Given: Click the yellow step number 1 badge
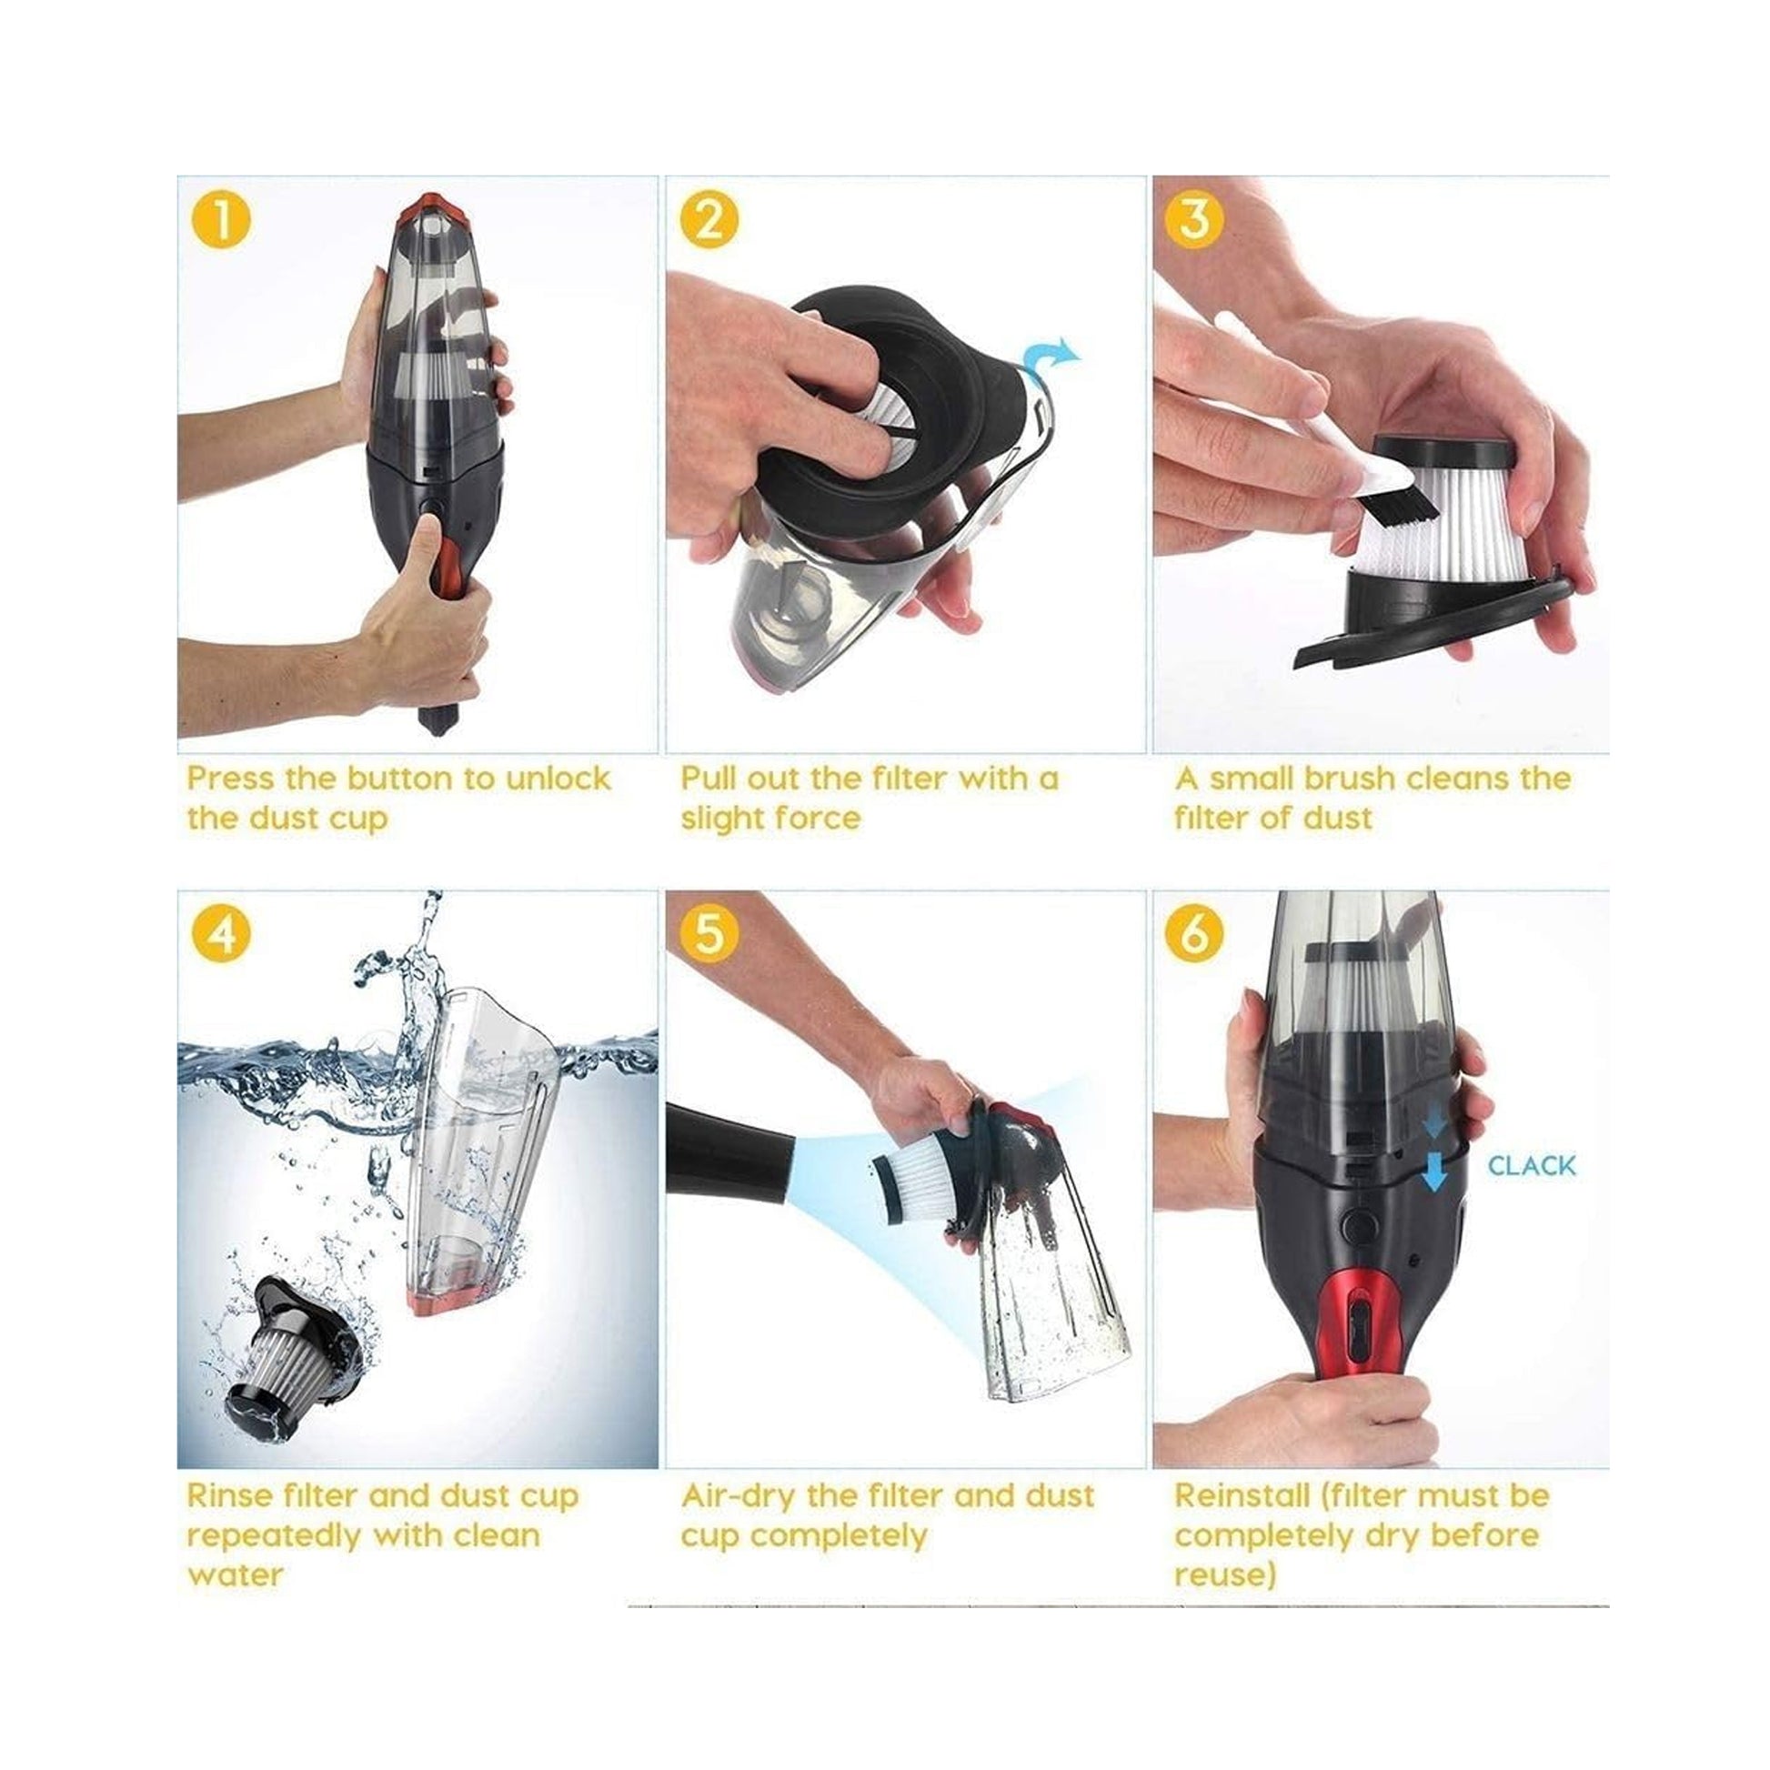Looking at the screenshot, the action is tap(221, 221).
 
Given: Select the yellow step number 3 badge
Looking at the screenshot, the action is tap(1194, 221).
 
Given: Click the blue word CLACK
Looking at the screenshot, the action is tap(1531, 1166).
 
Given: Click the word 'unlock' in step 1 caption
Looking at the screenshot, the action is tap(558, 778).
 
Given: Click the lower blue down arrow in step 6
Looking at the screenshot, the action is tap(1434, 1172).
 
